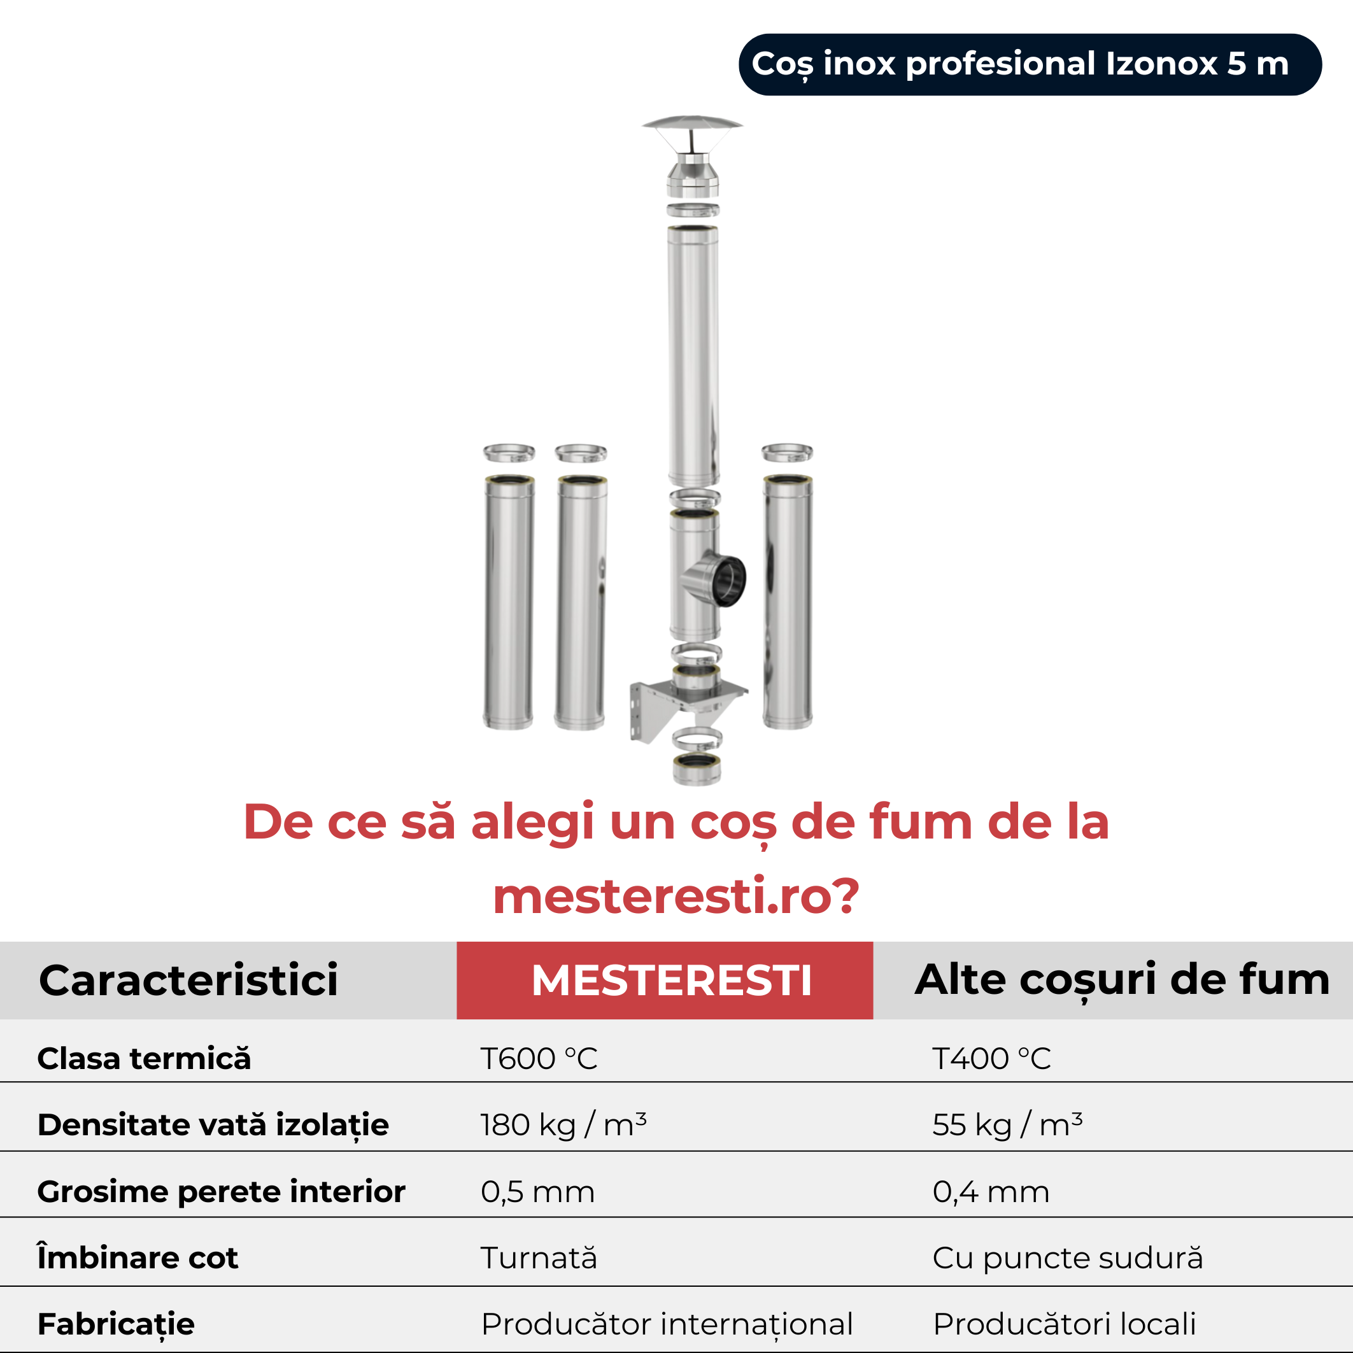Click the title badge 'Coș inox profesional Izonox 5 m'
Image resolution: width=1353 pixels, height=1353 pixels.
coord(1030,64)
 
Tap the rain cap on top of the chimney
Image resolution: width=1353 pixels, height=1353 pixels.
coord(693,155)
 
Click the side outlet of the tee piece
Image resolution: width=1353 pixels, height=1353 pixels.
coord(721,579)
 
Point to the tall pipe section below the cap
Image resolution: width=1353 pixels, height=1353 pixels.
coord(693,355)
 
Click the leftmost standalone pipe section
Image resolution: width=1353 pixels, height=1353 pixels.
coord(509,602)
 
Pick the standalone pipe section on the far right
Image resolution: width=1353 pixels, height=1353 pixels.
coord(788,602)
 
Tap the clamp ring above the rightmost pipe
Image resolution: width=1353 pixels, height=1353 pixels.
coord(787,453)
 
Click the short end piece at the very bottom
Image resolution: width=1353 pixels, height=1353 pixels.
coord(696,769)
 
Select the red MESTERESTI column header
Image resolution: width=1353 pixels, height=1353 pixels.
coord(665,980)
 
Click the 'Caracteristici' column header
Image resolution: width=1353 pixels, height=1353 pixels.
coord(188,980)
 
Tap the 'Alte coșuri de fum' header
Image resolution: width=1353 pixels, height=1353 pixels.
coord(1122,980)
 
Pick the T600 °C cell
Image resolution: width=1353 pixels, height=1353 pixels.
coord(539,1058)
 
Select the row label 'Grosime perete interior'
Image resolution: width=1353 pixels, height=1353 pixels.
coord(222,1192)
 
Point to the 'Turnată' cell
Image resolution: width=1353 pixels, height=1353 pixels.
coord(539,1257)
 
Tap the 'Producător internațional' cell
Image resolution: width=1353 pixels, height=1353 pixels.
coord(667,1324)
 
